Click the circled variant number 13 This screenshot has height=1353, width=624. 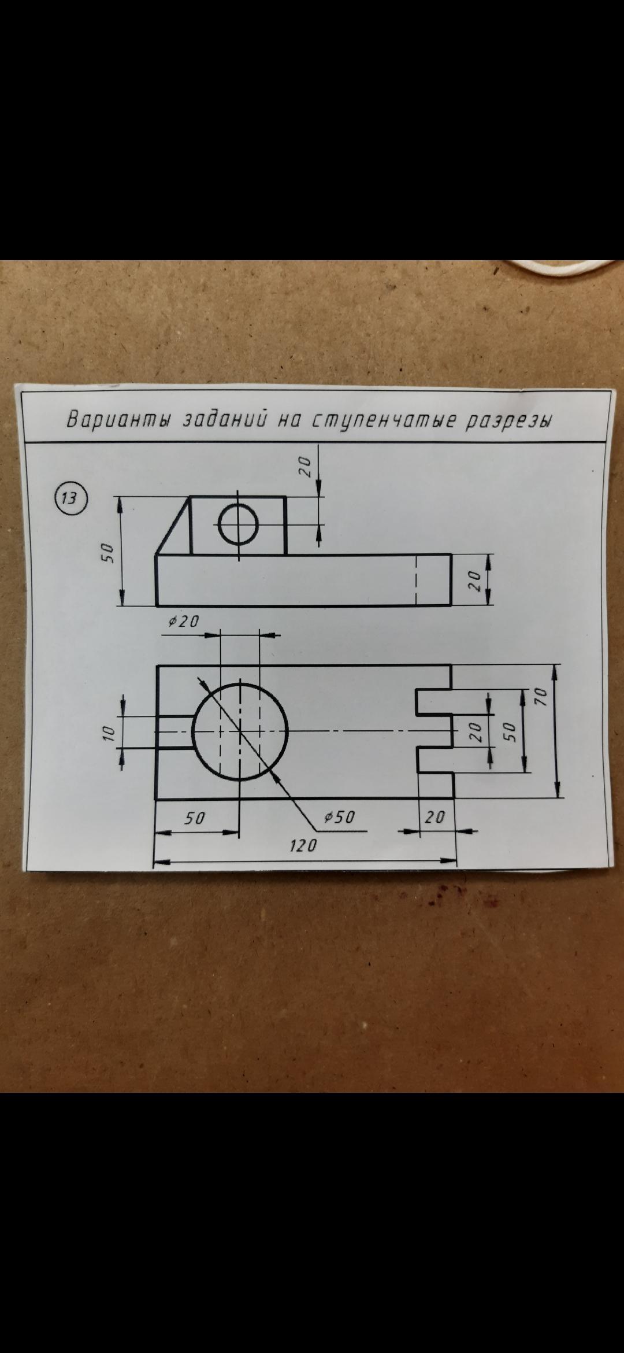pyautogui.click(x=70, y=498)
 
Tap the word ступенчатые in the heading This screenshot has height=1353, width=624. pyautogui.click(x=380, y=420)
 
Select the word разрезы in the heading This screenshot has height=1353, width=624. pyautogui.click(x=508, y=420)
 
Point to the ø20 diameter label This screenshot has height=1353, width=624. pyautogui.click(x=184, y=622)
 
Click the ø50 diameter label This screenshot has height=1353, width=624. pyautogui.click(x=339, y=817)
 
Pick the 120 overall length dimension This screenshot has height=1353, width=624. pyautogui.click(x=303, y=846)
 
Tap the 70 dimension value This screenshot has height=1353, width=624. pyautogui.click(x=541, y=697)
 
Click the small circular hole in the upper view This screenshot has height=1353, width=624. pyautogui.click(x=239, y=524)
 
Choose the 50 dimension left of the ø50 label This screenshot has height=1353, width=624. pyautogui.click(x=195, y=818)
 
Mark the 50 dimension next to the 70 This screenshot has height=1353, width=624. pyautogui.click(x=509, y=731)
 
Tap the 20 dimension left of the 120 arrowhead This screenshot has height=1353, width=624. pyautogui.click(x=435, y=817)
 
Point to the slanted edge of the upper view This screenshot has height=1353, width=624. pyautogui.click(x=173, y=526)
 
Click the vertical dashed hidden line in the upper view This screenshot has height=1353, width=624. pyautogui.click(x=416, y=580)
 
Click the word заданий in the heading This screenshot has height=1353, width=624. pyautogui.click(x=224, y=420)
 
